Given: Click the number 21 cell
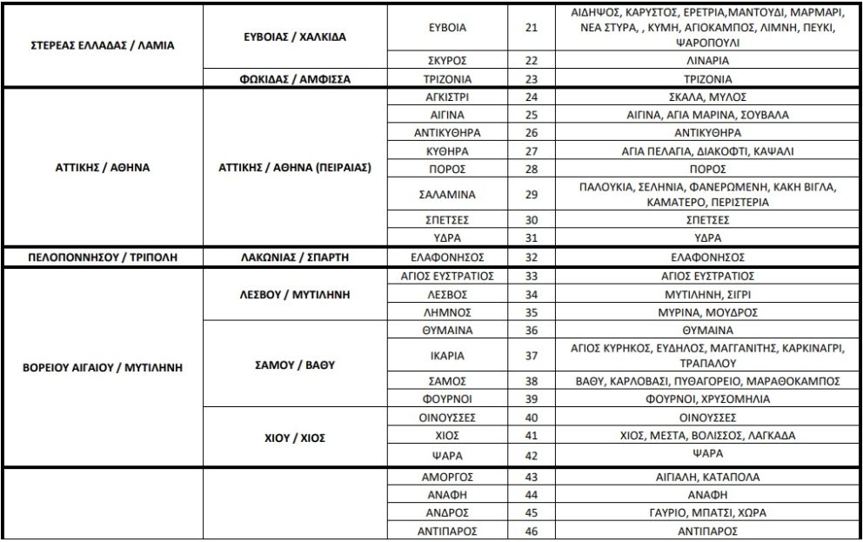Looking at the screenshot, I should [532, 28].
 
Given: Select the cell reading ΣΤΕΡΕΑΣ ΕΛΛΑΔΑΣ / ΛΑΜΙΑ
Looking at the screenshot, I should [102, 43].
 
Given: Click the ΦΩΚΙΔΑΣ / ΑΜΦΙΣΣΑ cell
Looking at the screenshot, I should [294, 78].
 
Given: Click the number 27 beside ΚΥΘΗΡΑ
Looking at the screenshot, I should [532, 151].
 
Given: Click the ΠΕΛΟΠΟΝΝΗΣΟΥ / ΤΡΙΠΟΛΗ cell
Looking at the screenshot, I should [102, 258].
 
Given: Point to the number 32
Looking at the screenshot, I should [532, 258].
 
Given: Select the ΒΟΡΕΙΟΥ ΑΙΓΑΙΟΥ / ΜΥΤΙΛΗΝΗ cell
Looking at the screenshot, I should [102, 367].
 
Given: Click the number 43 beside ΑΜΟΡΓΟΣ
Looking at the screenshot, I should [532, 478].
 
